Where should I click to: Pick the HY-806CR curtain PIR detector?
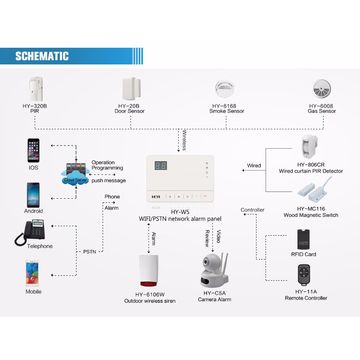[x=313, y=150]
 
